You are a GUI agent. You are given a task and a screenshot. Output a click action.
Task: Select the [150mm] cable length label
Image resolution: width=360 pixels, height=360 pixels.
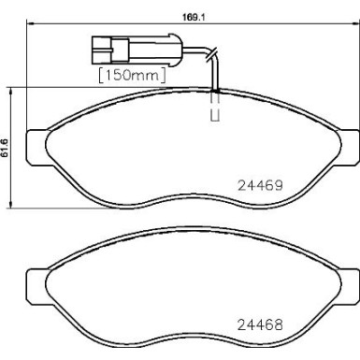pos(132,73)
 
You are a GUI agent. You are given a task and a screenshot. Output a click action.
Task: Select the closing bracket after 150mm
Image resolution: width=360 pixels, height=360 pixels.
pos(166,73)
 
